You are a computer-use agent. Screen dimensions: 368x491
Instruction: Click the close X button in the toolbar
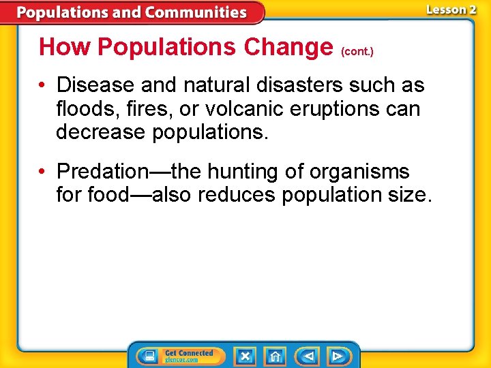(245, 356)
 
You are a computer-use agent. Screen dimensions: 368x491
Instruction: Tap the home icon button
(276, 356)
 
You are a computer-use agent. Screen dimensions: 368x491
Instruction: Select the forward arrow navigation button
(337, 356)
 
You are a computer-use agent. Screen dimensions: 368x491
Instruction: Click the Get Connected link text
(189, 353)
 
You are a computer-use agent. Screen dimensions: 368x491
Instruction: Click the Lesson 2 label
(451, 10)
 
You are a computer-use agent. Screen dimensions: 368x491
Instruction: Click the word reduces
(239, 195)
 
